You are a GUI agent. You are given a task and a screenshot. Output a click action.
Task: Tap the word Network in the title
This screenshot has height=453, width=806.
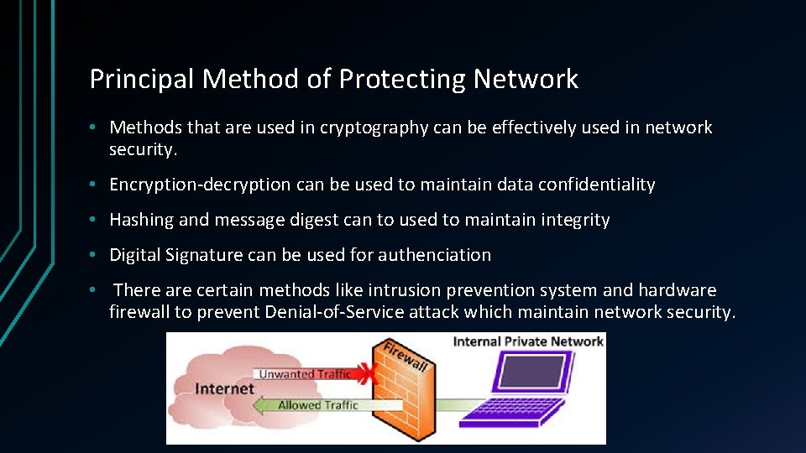pyautogui.click(x=526, y=79)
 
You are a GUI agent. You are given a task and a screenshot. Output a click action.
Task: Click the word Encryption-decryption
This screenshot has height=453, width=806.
pyautogui.click(x=200, y=185)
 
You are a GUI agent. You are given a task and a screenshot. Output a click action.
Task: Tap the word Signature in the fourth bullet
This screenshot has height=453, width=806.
pyautogui.click(x=209, y=255)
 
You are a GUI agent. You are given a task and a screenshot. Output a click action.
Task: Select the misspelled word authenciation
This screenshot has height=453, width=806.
pyautogui.click(x=435, y=255)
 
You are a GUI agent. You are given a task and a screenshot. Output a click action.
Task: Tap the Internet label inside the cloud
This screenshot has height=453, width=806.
pyautogui.click(x=224, y=388)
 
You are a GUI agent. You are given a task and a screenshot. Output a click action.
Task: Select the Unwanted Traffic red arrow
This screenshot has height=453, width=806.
pyautogui.click(x=302, y=374)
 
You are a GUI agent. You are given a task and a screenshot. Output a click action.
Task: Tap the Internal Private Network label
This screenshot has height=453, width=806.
pyautogui.click(x=528, y=341)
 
